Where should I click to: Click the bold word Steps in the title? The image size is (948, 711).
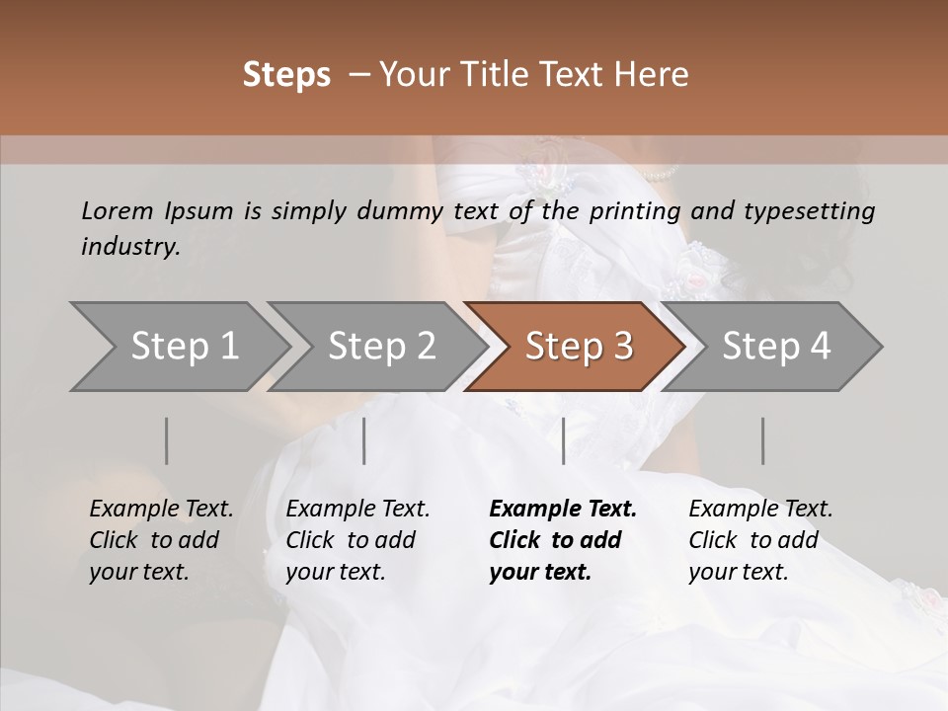pyautogui.click(x=286, y=75)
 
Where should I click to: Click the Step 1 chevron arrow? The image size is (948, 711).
pyautogui.click(x=178, y=347)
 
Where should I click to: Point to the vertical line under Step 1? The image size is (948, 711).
pyautogui.click(x=167, y=440)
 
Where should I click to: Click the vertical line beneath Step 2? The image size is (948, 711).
pyautogui.click(x=364, y=440)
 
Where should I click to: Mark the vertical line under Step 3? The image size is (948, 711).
pyautogui.click(x=564, y=440)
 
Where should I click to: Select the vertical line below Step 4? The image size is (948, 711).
pyautogui.click(x=762, y=440)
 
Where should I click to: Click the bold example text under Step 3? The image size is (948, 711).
pyautogui.click(x=563, y=540)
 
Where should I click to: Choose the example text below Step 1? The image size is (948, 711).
pyautogui.click(x=161, y=540)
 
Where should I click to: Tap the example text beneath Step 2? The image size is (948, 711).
pyautogui.click(x=357, y=540)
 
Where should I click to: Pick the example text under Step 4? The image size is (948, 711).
pyautogui.click(x=760, y=540)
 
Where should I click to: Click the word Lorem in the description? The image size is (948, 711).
pyautogui.click(x=118, y=210)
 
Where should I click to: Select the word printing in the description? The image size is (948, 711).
pyautogui.click(x=633, y=210)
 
